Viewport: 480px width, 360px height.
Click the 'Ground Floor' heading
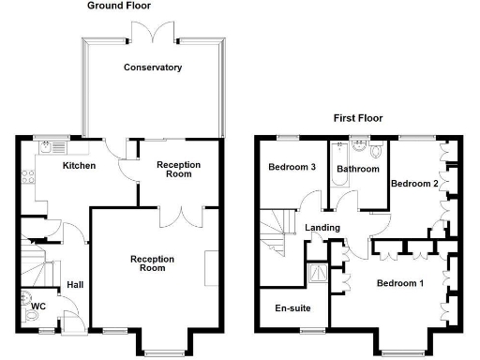(x=120, y=6)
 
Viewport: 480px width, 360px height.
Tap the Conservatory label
(x=153, y=67)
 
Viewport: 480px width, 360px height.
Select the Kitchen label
(x=79, y=166)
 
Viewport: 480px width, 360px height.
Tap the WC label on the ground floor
(x=38, y=306)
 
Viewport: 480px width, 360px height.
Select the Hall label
(x=75, y=286)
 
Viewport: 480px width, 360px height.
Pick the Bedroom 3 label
(x=291, y=167)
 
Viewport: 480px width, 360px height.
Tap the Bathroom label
(x=358, y=170)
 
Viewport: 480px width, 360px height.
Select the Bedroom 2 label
(x=414, y=183)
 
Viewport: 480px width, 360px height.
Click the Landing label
(x=322, y=228)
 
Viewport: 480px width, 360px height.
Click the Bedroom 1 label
(x=400, y=283)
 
